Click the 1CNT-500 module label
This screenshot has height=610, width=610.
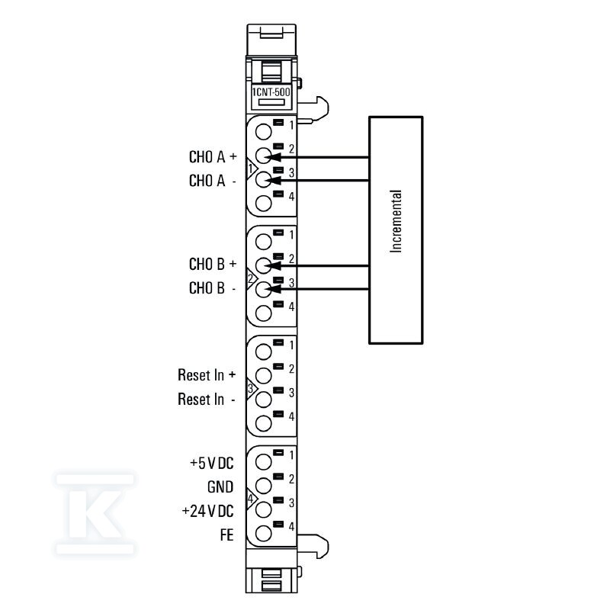point(271,91)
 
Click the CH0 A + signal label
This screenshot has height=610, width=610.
point(213,157)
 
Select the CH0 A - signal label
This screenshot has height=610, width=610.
point(213,181)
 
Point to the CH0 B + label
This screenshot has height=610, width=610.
point(213,264)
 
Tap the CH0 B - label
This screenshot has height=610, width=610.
point(213,288)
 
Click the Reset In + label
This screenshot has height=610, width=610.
point(207,375)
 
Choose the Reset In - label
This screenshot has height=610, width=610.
point(207,399)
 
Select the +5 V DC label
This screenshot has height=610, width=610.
point(212,463)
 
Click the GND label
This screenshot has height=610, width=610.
point(220,487)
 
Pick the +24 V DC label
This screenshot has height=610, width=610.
point(207,511)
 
